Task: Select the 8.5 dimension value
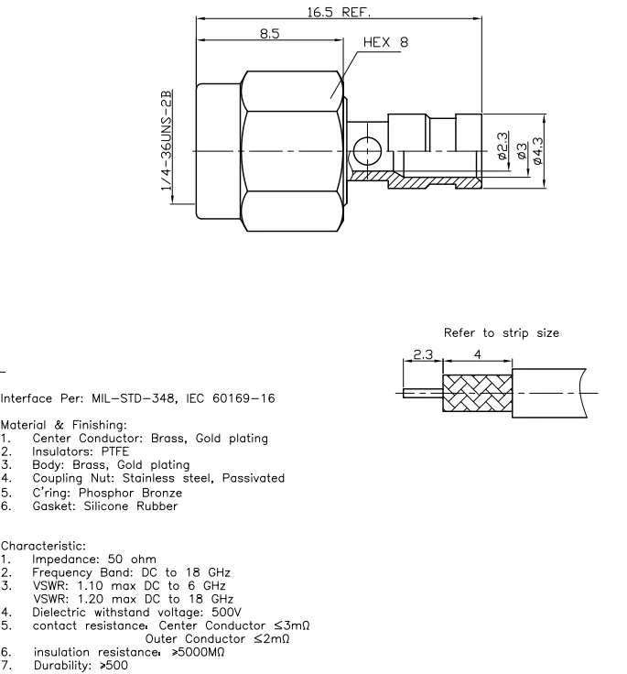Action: click(x=269, y=33)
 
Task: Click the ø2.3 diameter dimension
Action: click(x=501, y=147)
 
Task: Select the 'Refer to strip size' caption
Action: click(x=500, y=333)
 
